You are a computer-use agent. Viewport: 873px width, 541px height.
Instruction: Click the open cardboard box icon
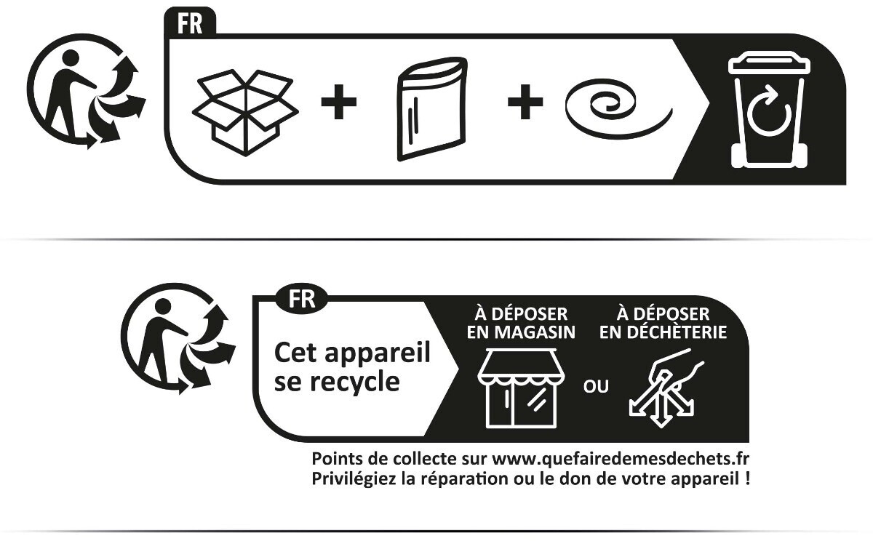(x=246, y=113)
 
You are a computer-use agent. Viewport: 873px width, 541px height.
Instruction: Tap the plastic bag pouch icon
(x=432, y=109)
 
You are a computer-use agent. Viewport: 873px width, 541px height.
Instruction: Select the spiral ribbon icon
(x=619, y=110)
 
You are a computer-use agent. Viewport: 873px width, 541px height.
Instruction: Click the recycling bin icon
(x=768, y=111)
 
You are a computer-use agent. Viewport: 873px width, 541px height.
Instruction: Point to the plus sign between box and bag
(x=339, y=102)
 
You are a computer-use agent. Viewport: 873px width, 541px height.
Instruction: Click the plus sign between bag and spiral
(x=525, y=102)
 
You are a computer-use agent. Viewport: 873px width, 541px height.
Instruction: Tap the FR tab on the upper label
(x=190, y=23)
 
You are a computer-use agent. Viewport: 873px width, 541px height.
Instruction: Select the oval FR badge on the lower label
(x=302, y=299)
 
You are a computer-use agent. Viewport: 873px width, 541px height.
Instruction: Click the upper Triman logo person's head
(x=71, y=58)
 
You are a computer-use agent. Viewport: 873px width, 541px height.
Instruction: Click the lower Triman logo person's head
(x=163, y=307)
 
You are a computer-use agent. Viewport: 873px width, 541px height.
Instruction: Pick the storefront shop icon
(x=522, y=389)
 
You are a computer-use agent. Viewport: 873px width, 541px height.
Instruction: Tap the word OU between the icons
(x=596, y=386)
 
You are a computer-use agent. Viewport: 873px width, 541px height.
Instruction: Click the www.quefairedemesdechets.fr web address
(x=621, y=459)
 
